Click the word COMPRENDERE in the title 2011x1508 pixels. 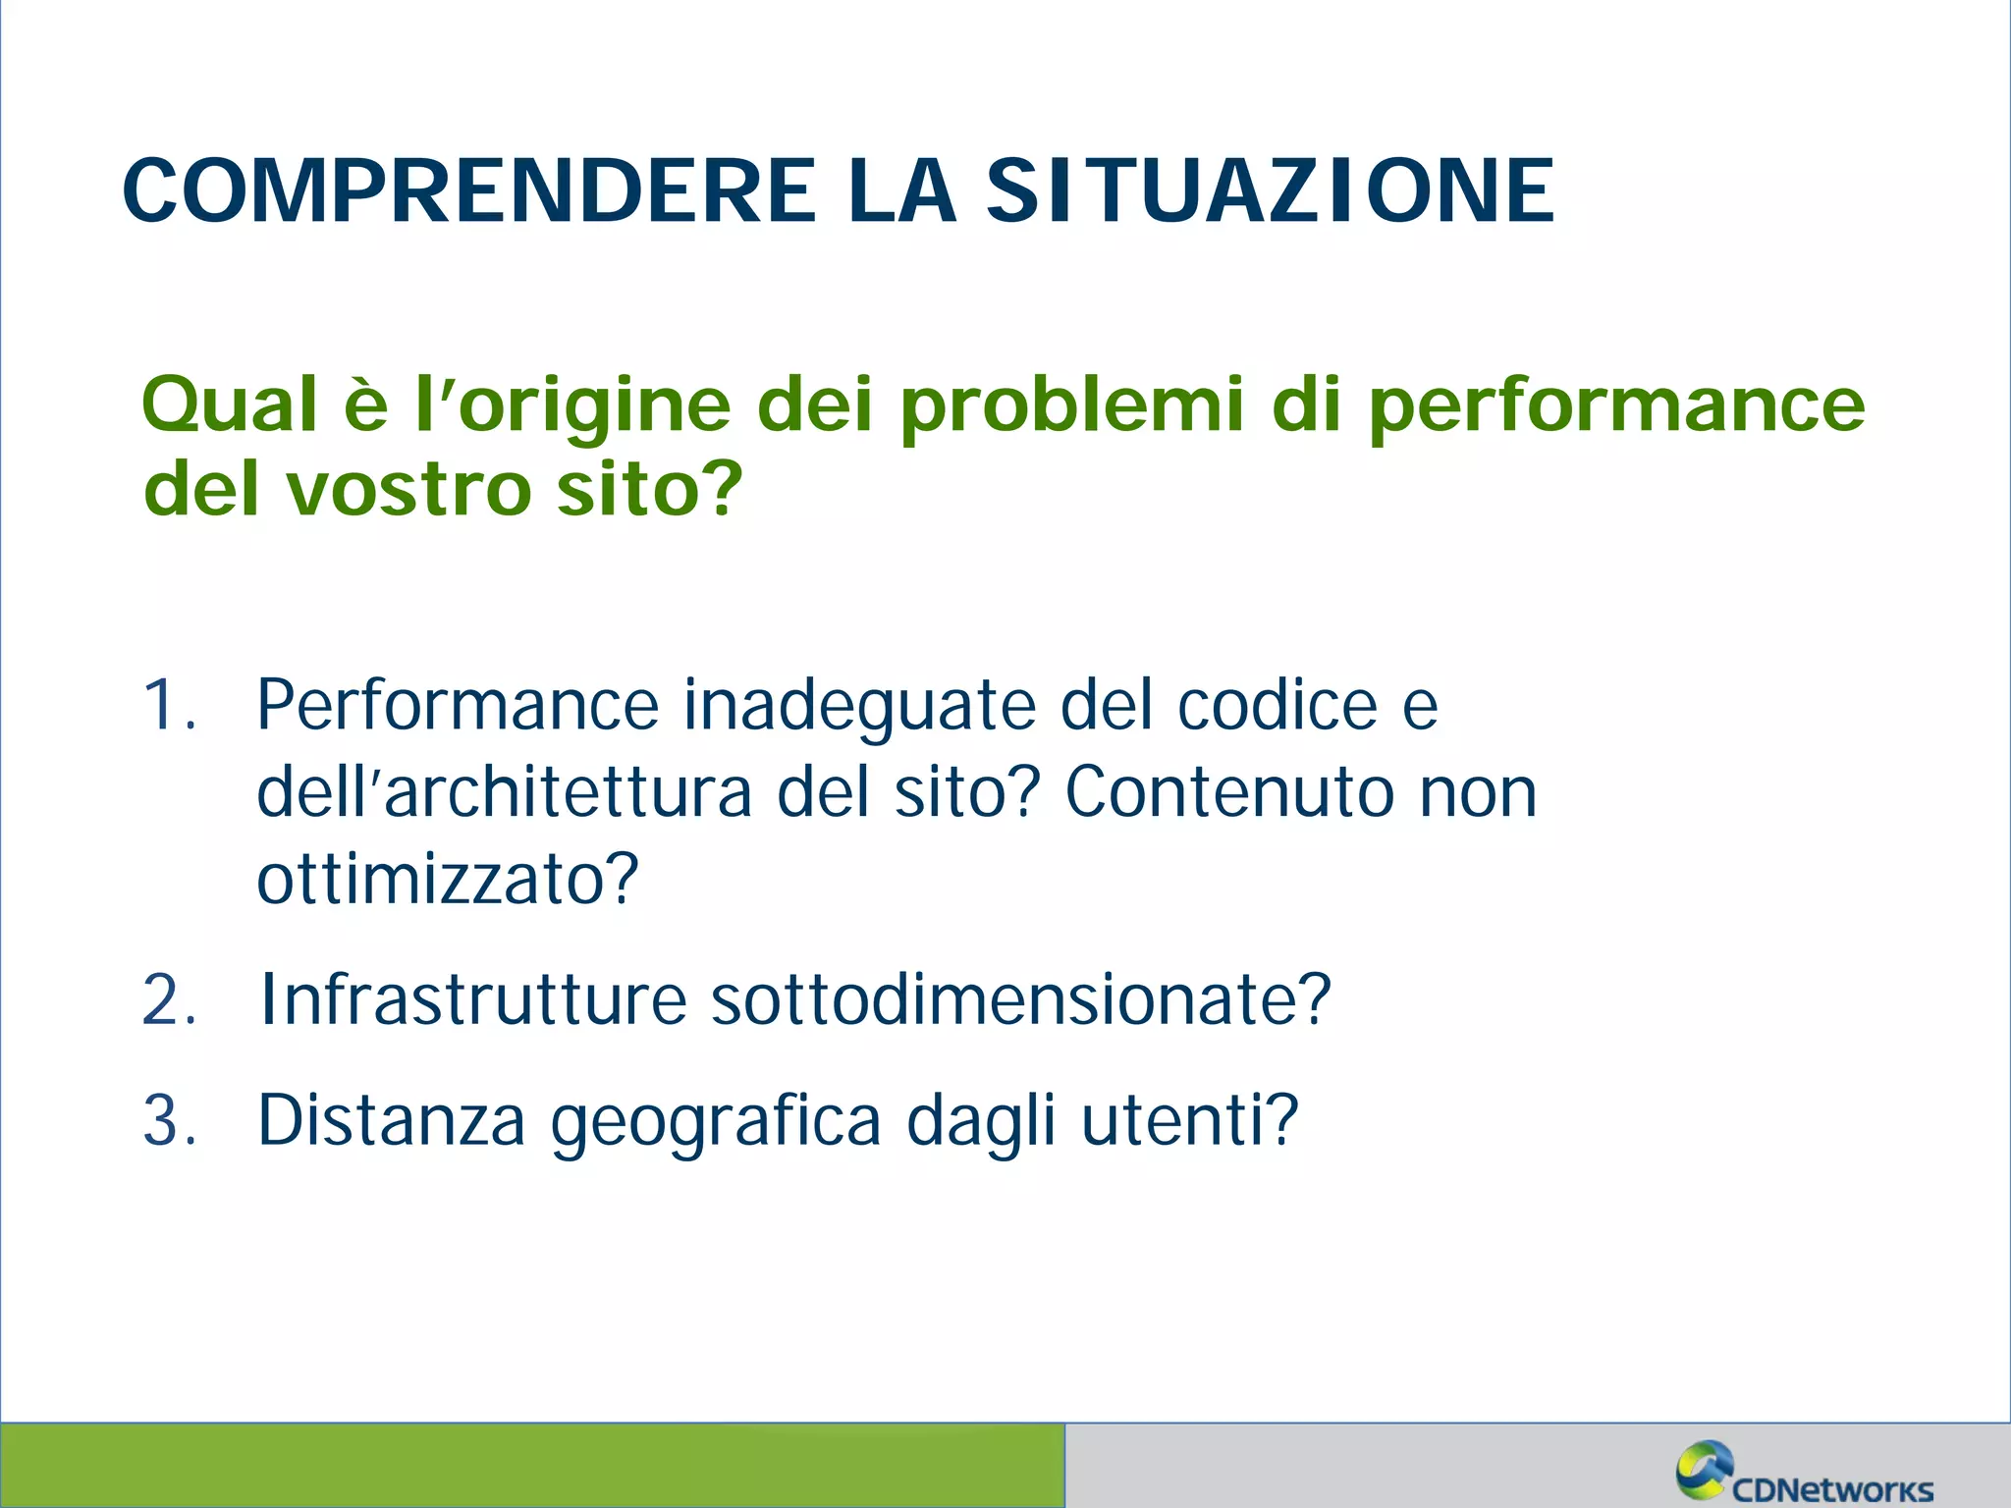tap(469, 190)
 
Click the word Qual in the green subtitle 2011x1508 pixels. tap(230, 404)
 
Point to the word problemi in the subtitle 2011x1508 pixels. tap(1072, 404)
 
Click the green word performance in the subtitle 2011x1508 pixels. tap(1616, 404)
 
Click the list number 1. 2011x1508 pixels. tap(169, 705)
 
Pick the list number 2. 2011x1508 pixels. tap(169, 1000)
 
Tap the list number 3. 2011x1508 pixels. tap(169, 1120)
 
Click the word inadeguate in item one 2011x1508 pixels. tap(859, 705)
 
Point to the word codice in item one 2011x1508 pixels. tap(1277, 705)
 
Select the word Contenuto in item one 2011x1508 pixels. tap(1228, 791)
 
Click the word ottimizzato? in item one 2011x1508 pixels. tap(448, 878)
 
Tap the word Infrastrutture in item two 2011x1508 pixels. tap(472, 999)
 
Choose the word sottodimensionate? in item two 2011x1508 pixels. tap(1020, 999)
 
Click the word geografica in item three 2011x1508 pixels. tap(715, 1121)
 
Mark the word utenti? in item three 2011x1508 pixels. tap(1189, 1120)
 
